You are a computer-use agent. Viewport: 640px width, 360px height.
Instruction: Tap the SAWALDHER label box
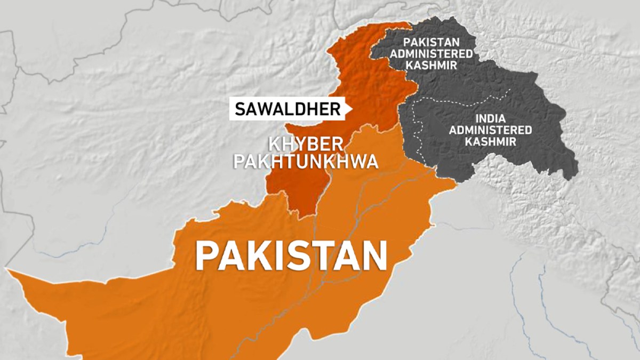287,109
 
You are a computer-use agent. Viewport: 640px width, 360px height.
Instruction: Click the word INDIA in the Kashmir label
490,118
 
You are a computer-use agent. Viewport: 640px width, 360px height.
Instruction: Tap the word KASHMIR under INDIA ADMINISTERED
490,141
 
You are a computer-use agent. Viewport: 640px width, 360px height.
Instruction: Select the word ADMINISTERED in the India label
490,130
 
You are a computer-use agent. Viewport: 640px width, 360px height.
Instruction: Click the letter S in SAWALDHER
239,109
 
